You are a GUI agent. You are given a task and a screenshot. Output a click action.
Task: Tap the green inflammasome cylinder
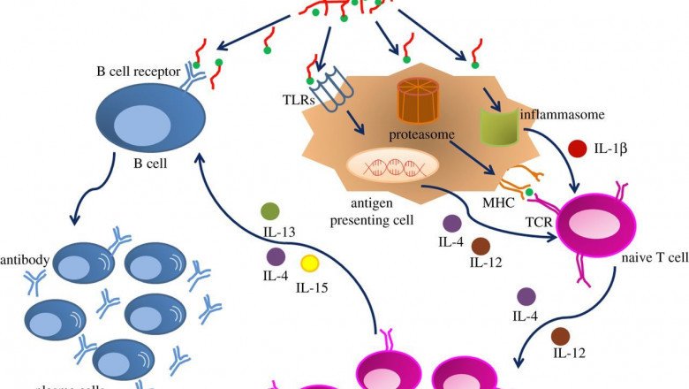(496, 125)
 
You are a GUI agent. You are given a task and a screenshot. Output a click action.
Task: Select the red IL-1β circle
(578, 150)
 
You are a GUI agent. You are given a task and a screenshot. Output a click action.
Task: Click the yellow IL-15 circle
(310, 263)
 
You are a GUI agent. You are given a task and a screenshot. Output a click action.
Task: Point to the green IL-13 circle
(271, 212)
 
